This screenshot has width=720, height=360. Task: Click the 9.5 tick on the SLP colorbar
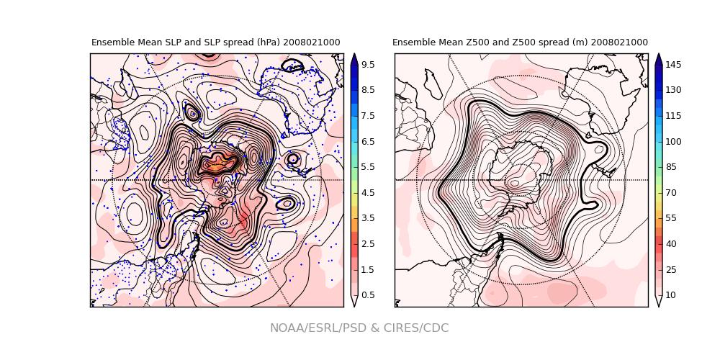(x=367, y=64)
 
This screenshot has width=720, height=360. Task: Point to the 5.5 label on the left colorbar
(x=367, y=166)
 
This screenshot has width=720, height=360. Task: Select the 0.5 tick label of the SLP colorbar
(x=367, y=294)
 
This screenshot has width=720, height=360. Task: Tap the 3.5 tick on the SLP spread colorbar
(x=367, y=217)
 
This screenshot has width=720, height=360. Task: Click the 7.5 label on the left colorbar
(x=367, y=115)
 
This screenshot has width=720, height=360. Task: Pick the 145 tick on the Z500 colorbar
(x=673, y=64)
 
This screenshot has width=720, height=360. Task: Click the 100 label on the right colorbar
(x=673, y=141)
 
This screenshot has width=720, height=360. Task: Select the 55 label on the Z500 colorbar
(x=671, y=217)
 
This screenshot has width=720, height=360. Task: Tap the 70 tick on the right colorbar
(x=671, y=192)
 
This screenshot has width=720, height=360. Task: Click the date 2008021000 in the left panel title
(x=311, y=42)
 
